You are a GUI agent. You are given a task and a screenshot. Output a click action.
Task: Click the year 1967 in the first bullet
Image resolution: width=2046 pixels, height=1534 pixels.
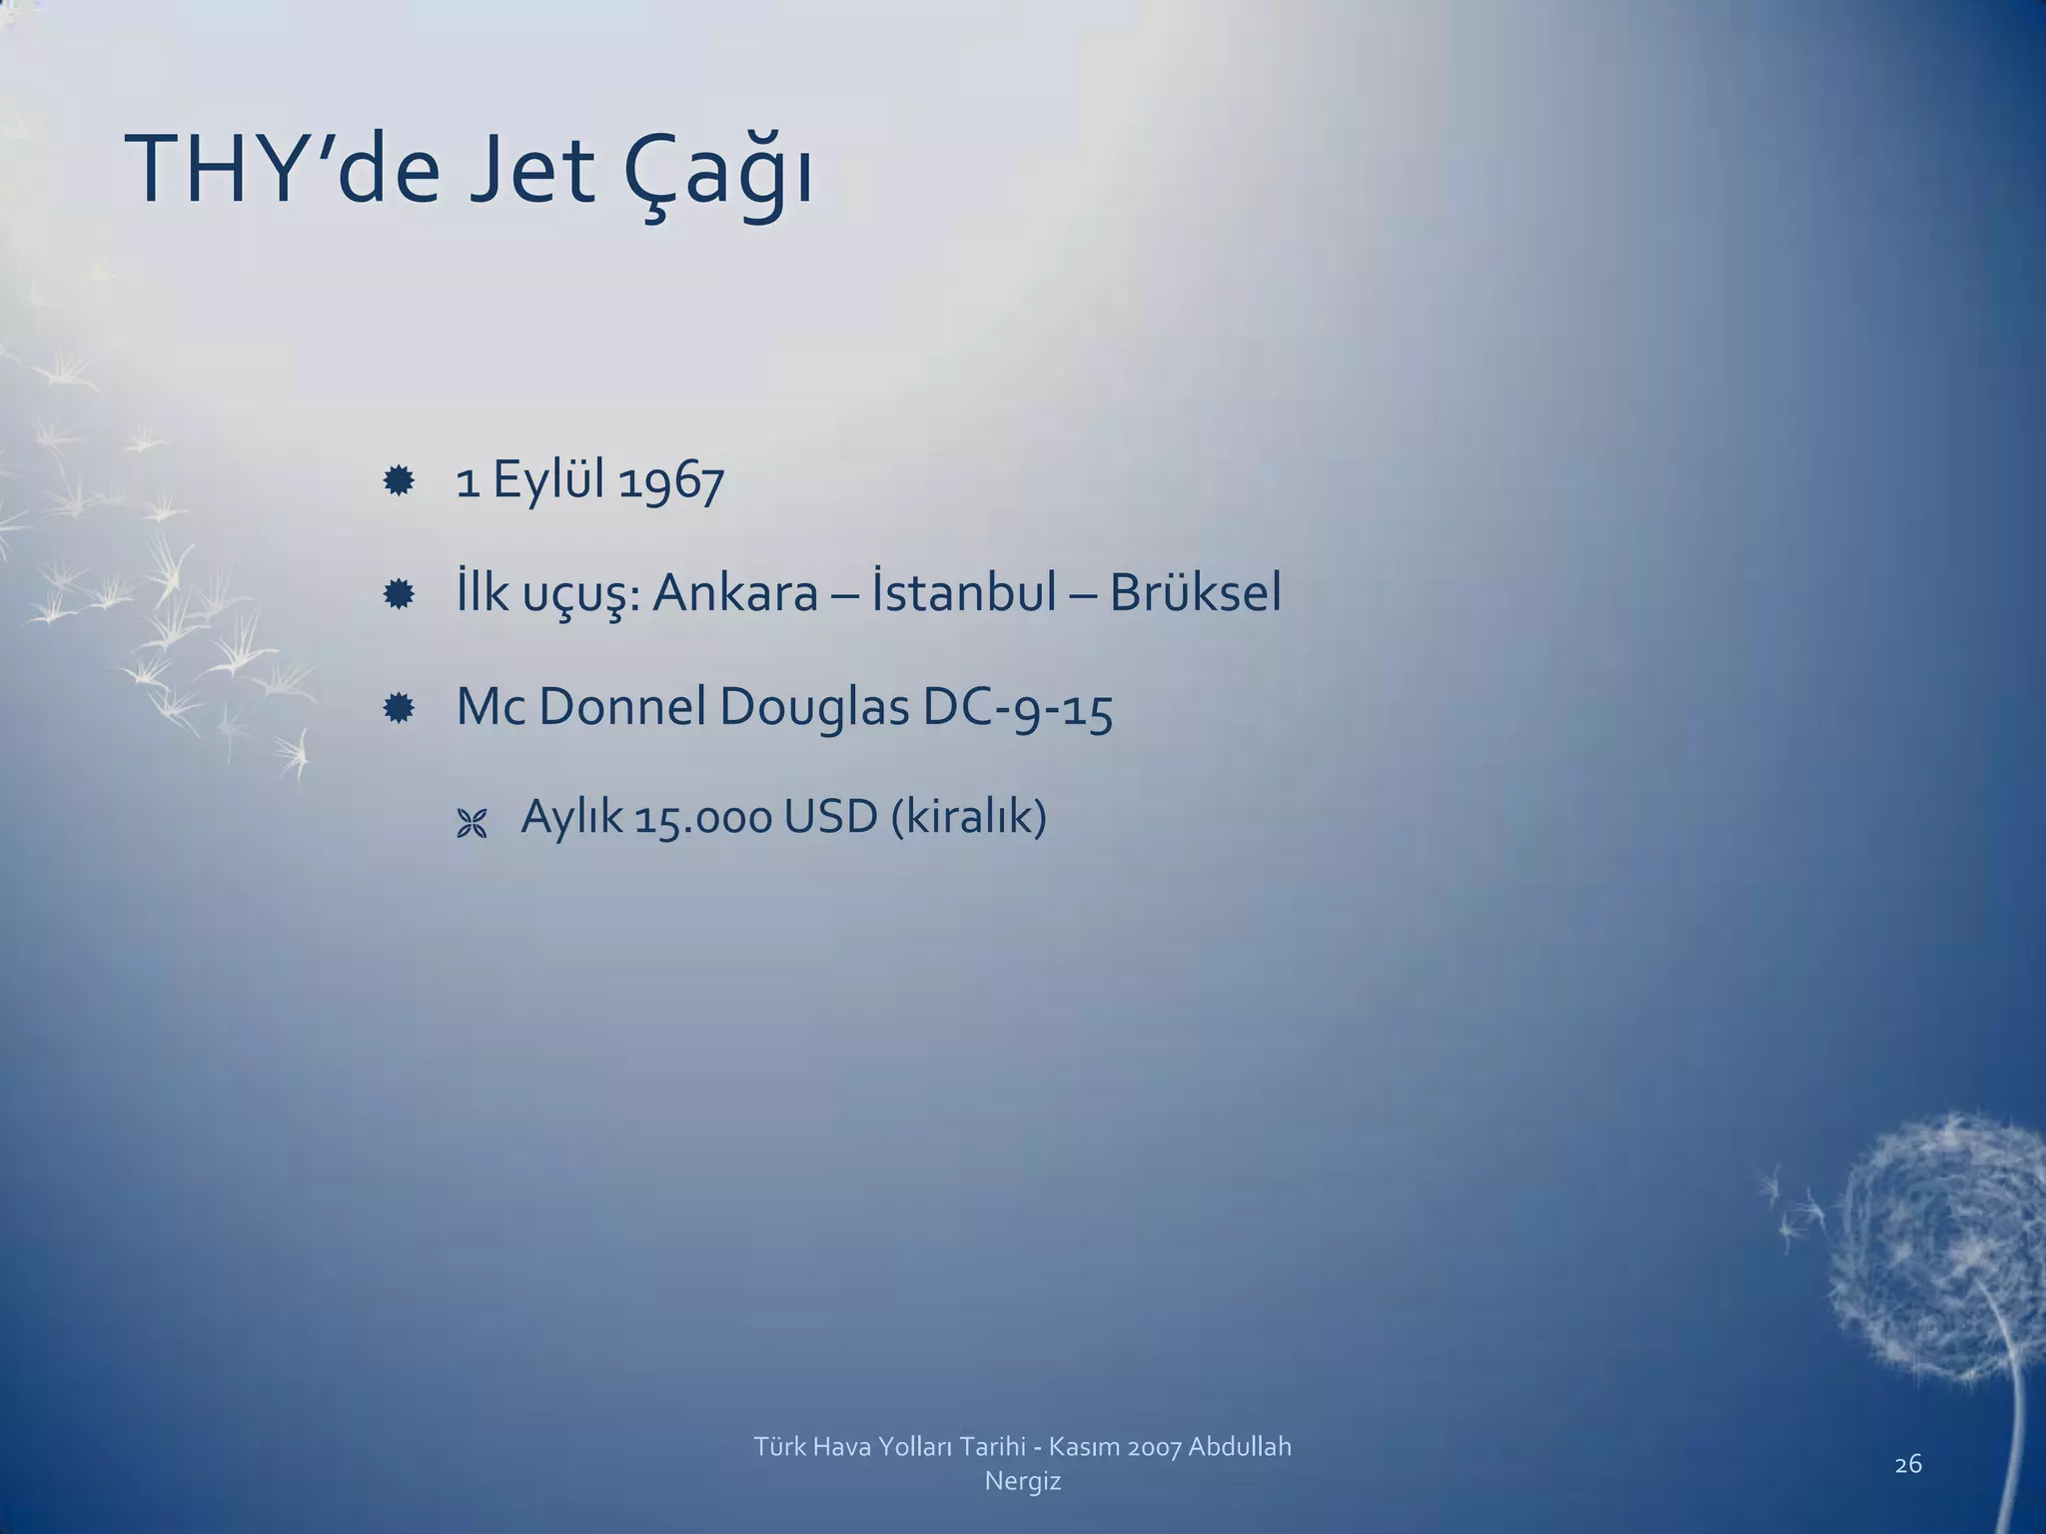click(x=671, y=482)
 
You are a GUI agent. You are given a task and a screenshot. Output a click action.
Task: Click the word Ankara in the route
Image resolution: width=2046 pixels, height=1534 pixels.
click(x=735, y=594)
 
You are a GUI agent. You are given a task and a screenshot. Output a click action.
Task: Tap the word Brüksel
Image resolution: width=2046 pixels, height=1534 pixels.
click(x=1195, y=594)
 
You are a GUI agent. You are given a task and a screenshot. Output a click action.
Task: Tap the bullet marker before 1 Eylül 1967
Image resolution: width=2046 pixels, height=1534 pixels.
click(x=399, y=483)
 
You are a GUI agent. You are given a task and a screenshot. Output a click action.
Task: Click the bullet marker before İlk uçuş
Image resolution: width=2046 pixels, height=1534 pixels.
click(x=399, y=596)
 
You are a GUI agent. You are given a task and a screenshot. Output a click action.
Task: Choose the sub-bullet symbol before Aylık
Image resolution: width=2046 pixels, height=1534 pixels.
click(x=471, y=824)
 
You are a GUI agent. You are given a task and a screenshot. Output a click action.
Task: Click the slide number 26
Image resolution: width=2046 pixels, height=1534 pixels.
click(x=1908, y=1464)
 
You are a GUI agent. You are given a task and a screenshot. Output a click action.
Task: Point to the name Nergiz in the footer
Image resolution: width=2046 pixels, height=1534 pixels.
click(x=1022, y=1481)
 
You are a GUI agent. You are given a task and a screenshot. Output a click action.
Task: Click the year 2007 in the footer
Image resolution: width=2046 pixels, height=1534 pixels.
click(x=1155, y=1446)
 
